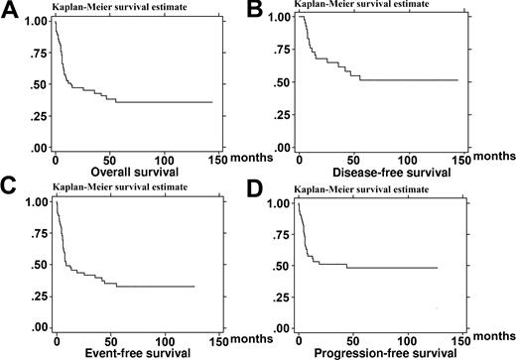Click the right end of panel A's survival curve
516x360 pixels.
pyautogui.click(x=211, y=102)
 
